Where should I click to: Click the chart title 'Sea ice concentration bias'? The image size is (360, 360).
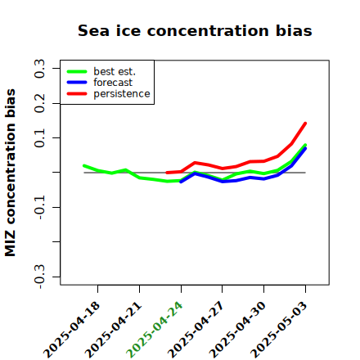click(195, 30)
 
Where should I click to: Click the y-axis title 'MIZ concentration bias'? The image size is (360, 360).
click(11, 173)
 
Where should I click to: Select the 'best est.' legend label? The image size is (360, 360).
click(115, 71)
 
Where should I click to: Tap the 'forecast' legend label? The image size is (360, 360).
click(113, 83)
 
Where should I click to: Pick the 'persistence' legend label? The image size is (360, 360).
click(122, 94)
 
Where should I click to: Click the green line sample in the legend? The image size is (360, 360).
click(77, 71)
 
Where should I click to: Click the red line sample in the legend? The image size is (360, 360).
click(77, 94)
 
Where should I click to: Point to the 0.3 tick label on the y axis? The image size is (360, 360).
click(39, 69)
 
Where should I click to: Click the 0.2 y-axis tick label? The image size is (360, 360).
click(39, 103)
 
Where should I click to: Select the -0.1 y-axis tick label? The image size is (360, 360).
click(39, 208)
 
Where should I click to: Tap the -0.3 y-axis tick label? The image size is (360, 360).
click(39, 277)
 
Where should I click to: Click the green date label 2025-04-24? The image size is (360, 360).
click(155, 330)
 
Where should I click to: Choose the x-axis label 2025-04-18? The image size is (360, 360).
click(71, 330)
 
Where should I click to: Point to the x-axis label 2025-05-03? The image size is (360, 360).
click(279, 330)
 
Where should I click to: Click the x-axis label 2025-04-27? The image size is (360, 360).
click(196, 330)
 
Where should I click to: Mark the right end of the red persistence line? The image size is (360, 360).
click(305, 124)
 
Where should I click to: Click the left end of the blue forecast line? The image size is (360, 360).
click(181, 182)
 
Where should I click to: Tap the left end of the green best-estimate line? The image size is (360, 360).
click(84, 165)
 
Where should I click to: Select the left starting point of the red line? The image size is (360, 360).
click(167, 173)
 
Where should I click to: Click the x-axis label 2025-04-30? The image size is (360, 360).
click(237, 330)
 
